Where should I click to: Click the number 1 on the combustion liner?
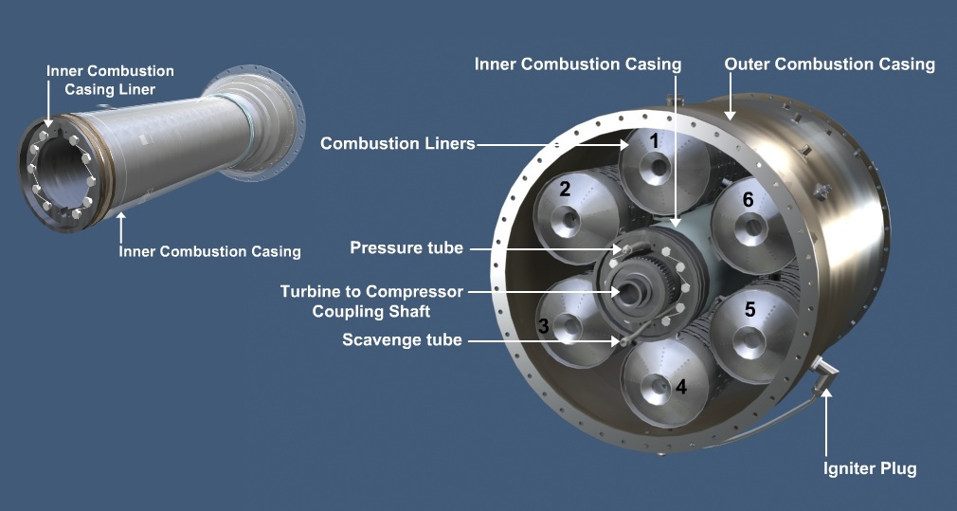[654, 140]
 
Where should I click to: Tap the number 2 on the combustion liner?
[565, 189]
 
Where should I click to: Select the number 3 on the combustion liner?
[543, 325]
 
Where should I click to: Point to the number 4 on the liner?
[680, 386]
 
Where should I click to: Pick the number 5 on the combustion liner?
[750, 309]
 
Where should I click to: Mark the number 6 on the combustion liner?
[749, 200]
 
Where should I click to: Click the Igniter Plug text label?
[869, 468]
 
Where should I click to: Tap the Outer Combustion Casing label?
[829, 64]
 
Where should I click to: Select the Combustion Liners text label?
[397, 144]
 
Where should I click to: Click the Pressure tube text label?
[406, 248]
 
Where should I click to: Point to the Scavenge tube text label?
[402, 339]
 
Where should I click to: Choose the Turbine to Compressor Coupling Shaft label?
[371, 301]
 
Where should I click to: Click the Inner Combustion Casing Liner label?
[111, 80]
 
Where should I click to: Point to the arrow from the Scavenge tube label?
[541, 339]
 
